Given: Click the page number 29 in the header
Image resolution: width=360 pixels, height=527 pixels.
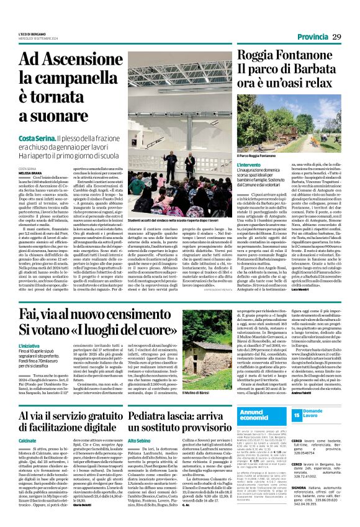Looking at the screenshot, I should pos(336,37).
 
